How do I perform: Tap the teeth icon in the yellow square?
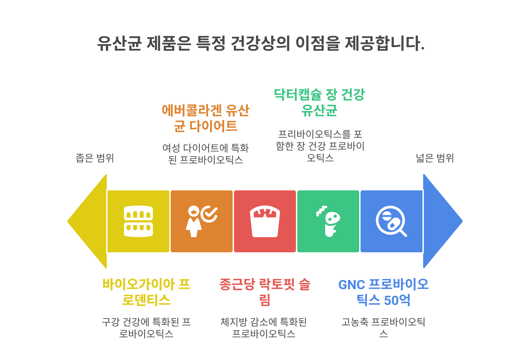(x=138, y=221)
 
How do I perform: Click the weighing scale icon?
(x=265, y=221)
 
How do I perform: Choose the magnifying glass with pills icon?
(x=391, y=221)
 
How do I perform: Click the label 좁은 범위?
(x=95, y=158)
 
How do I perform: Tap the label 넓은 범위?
(x=435, y=158)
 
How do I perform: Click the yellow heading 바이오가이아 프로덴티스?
(x=146, y=292)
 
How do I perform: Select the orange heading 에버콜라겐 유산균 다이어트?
(x=205, y=118)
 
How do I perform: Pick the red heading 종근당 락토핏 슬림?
(x=265, y=292)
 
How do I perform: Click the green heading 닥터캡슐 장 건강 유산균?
(x=319, y=102)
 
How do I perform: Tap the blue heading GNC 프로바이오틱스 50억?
(x=383, y=292)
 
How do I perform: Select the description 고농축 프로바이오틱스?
(x=383, y=327)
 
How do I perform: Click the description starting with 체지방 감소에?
(x=264, y=327)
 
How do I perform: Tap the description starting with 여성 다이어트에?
(x=205, y=153)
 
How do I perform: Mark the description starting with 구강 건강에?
(x=146, y=327)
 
